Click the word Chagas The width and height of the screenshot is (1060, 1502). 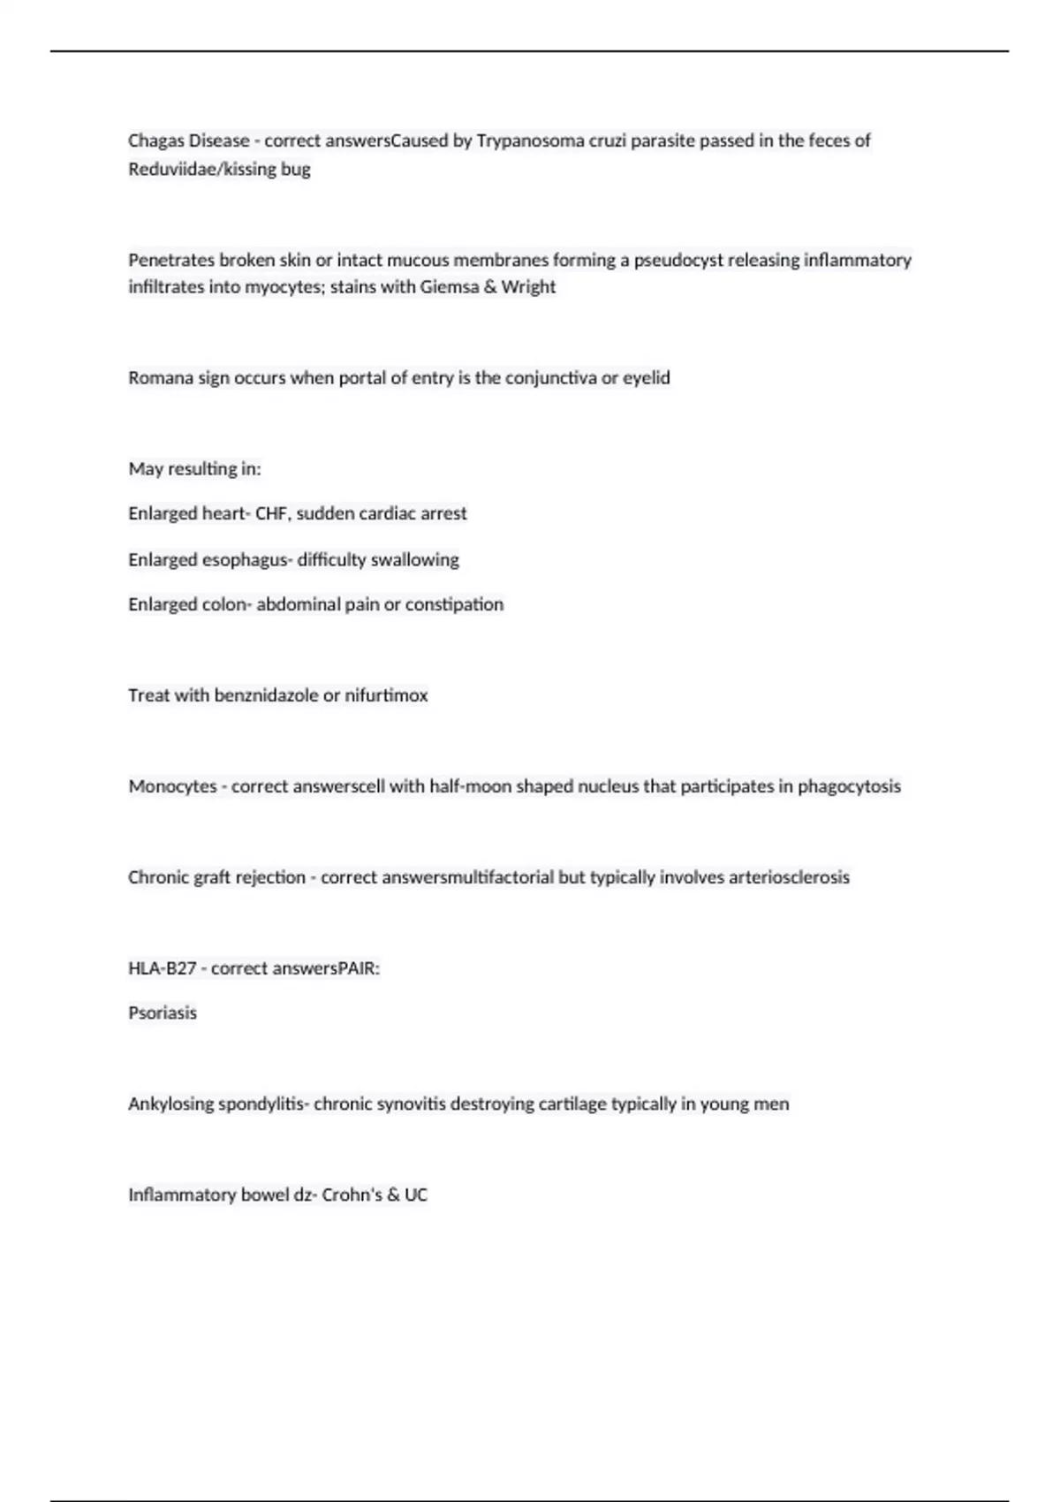coord(152,140)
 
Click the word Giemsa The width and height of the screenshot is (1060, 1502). coord(450,287)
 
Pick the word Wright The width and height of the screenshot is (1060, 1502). coord(528,287)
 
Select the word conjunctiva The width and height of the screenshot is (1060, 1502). coord(551,378)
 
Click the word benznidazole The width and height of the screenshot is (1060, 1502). coord(266,695)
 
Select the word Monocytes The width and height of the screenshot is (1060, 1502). coord(172,786)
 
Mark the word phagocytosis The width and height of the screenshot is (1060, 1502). coord(849,786)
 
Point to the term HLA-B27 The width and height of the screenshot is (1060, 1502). coord(162,968)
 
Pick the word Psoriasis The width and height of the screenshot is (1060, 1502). coord(163,1013)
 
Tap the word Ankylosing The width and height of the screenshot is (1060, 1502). coord(170,1104)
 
